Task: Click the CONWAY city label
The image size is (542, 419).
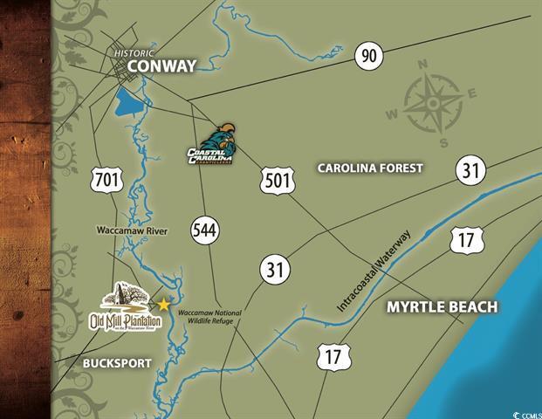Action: pos(161,66)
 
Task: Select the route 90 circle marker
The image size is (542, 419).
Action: pos(369,57)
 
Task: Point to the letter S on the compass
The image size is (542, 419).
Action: pos(443,142)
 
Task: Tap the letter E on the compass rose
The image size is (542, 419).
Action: pos(472,93)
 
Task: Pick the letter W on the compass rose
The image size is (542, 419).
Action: pos(393,113)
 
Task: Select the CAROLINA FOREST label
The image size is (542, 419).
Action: pos(369,168)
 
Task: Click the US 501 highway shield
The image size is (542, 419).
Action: pos(276,181)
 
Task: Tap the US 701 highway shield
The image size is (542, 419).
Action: pos(106,181)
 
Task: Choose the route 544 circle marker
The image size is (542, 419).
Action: pos(207,231)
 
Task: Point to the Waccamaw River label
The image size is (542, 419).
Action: pos(132,230)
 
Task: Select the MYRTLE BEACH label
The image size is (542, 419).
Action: pos(442,307)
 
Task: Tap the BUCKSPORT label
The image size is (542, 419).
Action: pos(117,362)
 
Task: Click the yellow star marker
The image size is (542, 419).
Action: pos(162,305)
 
